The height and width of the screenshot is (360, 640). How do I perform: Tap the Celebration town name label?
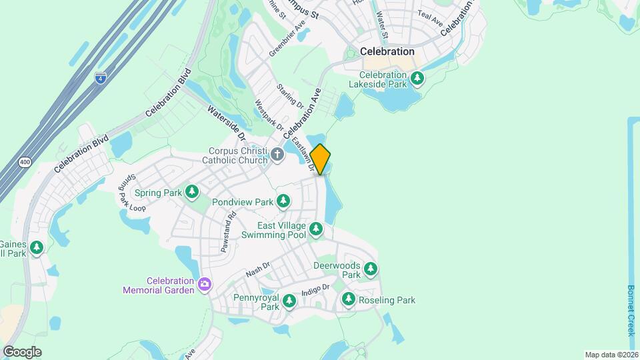pyautogui.click(x=387, y=51)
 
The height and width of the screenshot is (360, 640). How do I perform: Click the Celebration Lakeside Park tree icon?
pyautogui.click(x=417, y=79)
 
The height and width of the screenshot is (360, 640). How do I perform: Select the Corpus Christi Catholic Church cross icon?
pyautogui.click(x=277, y=155)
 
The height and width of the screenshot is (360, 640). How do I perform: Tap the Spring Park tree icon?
pyautogui.click(x=192, y=193)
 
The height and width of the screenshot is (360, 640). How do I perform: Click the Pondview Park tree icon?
pyautogui.click(x=283, y=201)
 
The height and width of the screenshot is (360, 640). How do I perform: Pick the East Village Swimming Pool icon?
pyautogui.click(x=316, y=231)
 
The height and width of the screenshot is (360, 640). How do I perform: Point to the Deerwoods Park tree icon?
pyautogui.click(x=370, y=270)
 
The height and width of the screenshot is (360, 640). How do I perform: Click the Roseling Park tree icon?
pyautogui.click(x=349, y=300)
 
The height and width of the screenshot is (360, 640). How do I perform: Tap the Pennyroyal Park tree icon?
pyautogui.click(x=289, y=302)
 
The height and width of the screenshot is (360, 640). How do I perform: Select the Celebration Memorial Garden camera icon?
pyautogui.click(x=205, y=285)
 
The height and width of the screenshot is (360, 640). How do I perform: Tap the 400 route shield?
pyautogui.click(x=25, y=162)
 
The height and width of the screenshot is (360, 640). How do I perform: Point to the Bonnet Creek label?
pyautogui.click(x=631, y=311)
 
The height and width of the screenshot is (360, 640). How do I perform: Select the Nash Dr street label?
pyautogui.click(x=257, y=269)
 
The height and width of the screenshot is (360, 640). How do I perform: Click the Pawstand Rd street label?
pyautogui.click(x=227, y=231)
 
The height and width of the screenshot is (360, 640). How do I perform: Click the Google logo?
pyautogui.click(x=22, y=351)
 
